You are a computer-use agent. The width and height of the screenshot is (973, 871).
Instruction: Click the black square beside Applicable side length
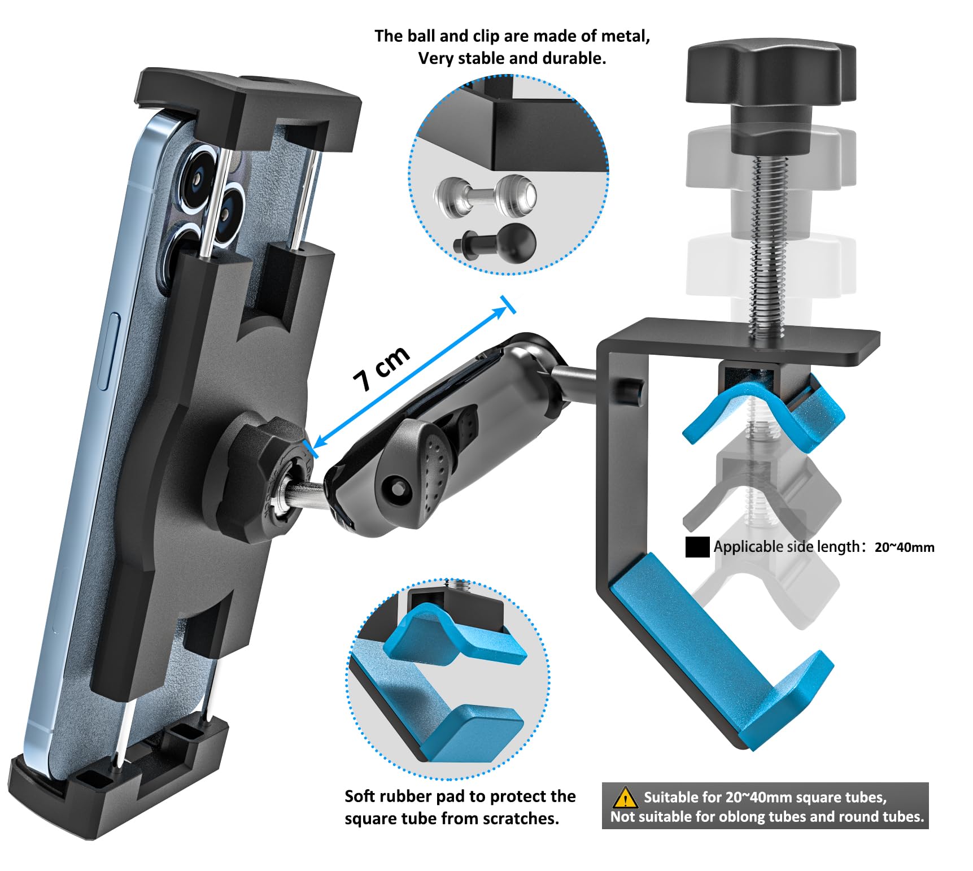697,547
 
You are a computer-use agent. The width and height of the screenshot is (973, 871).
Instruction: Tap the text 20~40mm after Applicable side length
904,547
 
